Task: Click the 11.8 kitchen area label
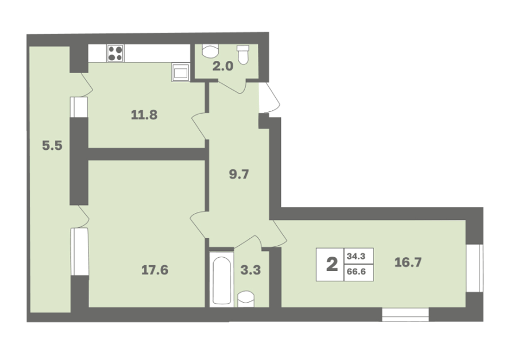pos(144,115)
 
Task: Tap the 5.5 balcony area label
pos(52,145)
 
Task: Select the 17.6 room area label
pos(155,270)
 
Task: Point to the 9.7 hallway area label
pos(239,174)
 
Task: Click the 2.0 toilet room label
pos(222,67)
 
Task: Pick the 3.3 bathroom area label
pos(250,270)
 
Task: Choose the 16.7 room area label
pos(408,262)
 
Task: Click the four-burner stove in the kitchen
pos(115,53)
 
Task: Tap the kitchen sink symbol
pos(180,72)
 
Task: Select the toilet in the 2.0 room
pos(242,55)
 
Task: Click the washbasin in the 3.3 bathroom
pos(246,299)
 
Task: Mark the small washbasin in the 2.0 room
pos(210,51)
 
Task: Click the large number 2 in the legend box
pos(331,264)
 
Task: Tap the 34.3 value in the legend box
pos(356,256)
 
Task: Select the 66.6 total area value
pos(356,273)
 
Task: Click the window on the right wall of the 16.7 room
pos(474,268)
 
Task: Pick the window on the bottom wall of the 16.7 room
pos(405,315)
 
